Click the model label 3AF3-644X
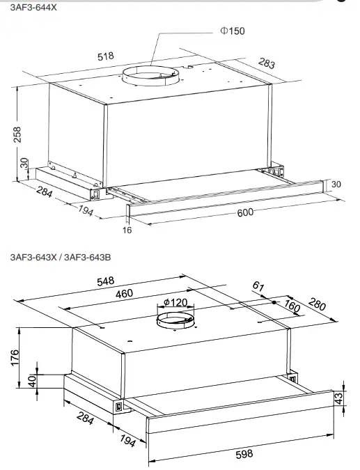pos(34,6)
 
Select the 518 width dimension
pos(107,56)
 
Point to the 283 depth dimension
pos(266,64)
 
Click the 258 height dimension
pos(17,134)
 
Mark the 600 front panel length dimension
pos(245,212)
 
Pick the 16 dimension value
pos(127,230)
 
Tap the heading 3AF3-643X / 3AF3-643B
pos(61,257)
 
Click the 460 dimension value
pos(124,294)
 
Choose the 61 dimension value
pos(258,285)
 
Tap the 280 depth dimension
pos(317,304)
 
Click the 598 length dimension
pos(244,454)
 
